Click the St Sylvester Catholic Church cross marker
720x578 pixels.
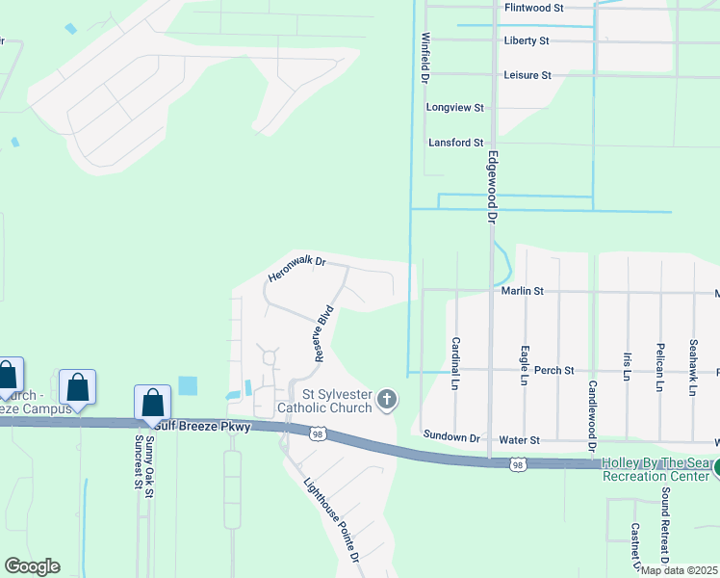point(387,399)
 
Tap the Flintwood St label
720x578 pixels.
point(533,8)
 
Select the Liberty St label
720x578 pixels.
point(526,41)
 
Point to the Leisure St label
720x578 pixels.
point(527,75)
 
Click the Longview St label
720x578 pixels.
point(454,108)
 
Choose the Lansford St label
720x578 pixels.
point(455,143)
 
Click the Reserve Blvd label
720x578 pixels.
point(323,333)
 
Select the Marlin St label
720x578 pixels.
point(523,290)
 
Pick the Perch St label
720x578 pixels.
point(554,370)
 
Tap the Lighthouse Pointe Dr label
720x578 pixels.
point(331,521)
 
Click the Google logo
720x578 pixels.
point(32,566)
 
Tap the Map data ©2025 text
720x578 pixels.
point(679,570)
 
